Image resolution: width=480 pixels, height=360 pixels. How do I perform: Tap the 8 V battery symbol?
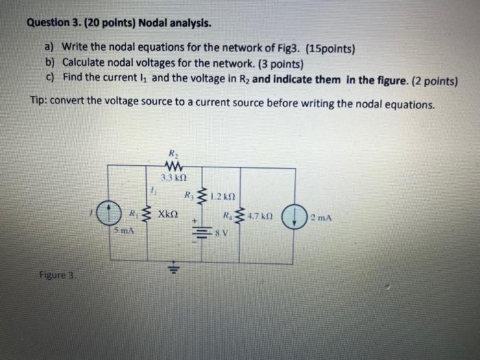204,231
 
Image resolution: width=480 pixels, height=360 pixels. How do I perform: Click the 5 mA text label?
123,232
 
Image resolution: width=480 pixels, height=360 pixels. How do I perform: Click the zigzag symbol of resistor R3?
202,197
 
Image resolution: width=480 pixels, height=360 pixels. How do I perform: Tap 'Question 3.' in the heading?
54,23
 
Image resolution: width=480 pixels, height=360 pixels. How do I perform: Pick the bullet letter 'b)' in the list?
50,64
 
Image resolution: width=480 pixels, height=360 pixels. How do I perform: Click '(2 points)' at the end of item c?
434,80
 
